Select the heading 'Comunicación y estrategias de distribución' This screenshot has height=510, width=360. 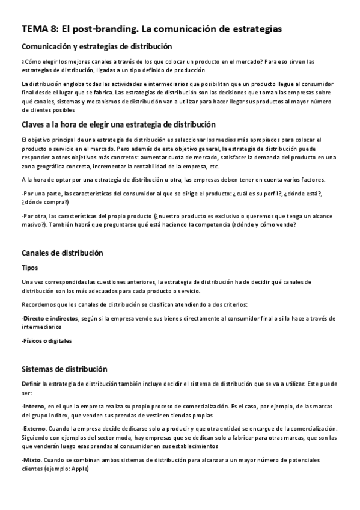[97, 46]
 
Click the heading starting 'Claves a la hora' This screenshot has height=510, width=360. [118, 124]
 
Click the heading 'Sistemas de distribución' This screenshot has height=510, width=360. [64, 369]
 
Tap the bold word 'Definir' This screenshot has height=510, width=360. [31, 384]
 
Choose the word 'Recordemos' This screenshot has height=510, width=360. [38, 304]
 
